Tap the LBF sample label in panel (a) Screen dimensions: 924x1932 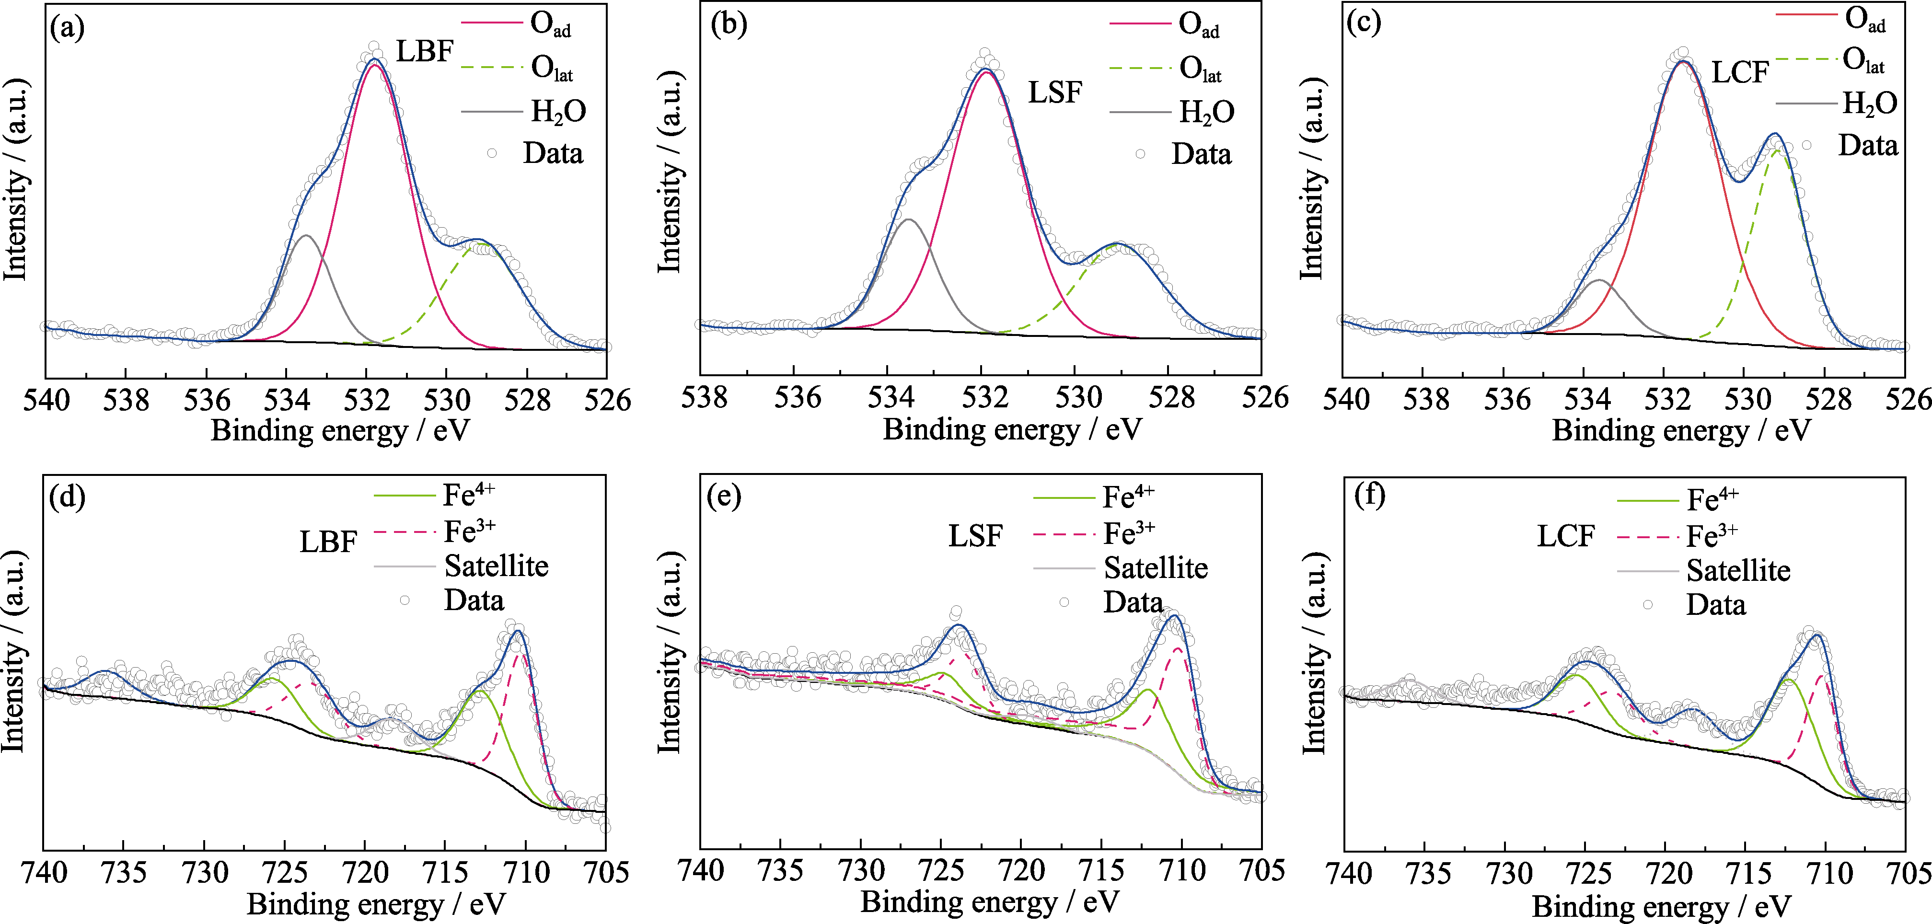[425, 52]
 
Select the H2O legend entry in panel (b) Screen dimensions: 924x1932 [1206, 113]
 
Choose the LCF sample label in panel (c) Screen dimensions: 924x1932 [1739, 73]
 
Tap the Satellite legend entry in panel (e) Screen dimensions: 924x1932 [1155, 568]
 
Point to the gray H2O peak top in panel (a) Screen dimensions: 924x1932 [306, 235]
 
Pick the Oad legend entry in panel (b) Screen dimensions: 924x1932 [1199, 25]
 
